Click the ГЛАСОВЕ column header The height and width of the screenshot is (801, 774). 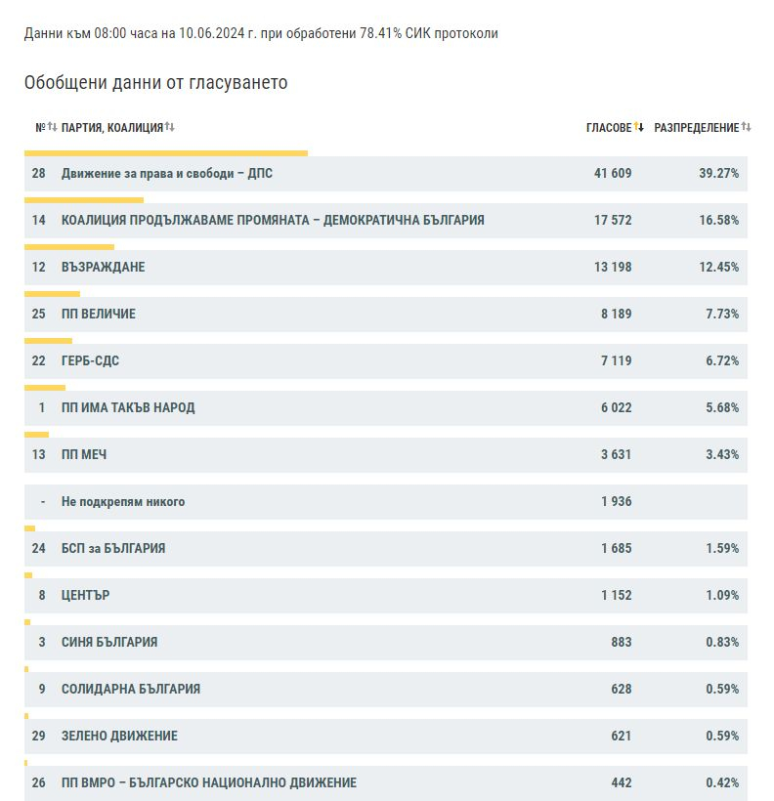(609, 128)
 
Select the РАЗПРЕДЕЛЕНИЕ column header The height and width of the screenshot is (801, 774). (696, 128)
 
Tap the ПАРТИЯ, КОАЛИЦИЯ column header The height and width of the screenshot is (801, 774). (112, 128)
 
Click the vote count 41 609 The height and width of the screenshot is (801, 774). (613, 173)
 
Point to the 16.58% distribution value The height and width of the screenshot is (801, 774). (719, 220)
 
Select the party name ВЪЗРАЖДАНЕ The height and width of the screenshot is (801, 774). (104, 268)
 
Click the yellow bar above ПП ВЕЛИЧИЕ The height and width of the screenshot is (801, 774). (52, 294)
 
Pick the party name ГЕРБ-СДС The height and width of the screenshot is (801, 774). (90, 360)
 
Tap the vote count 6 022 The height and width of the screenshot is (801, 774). (616, 407)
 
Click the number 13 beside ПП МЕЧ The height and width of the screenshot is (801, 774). (38, 454)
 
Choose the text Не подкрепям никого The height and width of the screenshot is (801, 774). (123, 502)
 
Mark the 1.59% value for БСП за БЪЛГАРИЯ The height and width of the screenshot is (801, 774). (722, 548)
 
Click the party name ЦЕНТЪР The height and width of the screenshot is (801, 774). (85, 595)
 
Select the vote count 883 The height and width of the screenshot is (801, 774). (622, 642)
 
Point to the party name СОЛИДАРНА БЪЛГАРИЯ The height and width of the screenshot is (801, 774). (131, 689)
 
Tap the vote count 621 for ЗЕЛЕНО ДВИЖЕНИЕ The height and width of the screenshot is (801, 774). (622, 736)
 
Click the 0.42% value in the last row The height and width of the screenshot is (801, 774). (722, 782)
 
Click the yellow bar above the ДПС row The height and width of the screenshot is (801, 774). (166, 153)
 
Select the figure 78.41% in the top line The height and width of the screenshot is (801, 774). (381, 33)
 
